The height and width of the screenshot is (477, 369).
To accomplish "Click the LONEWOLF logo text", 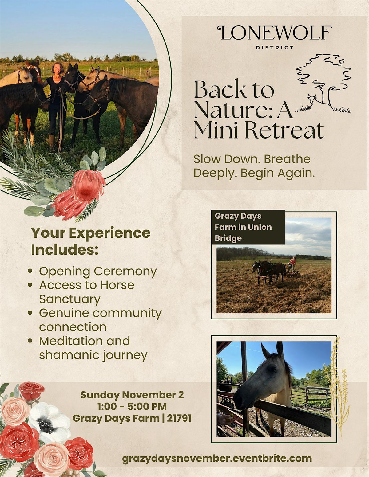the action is coord(274,33).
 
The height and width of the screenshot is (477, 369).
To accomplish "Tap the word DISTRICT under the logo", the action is coord(275,48).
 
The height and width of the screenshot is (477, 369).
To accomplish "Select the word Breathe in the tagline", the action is coord(287,159).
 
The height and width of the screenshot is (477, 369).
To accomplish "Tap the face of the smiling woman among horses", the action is coord(58,69).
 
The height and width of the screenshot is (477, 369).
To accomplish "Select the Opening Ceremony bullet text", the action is coord(98,272).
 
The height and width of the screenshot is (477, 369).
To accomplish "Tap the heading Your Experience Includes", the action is coord(90,241).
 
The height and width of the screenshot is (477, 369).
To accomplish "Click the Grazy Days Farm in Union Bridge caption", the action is coord(243,227).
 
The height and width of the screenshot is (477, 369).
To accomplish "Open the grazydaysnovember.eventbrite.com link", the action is coord(217,459).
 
